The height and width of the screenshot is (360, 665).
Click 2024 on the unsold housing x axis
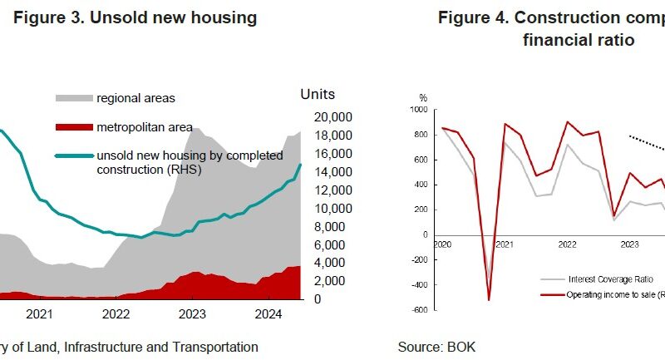click(268, 314)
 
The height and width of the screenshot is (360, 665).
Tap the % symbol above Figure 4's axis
click(423, 98)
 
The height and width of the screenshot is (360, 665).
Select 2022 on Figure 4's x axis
click(567, 245)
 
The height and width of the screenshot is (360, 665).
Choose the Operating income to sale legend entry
click(615, 294)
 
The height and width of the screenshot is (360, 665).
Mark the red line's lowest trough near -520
click(489, 300)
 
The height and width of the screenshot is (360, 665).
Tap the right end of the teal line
click(301, 165)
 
